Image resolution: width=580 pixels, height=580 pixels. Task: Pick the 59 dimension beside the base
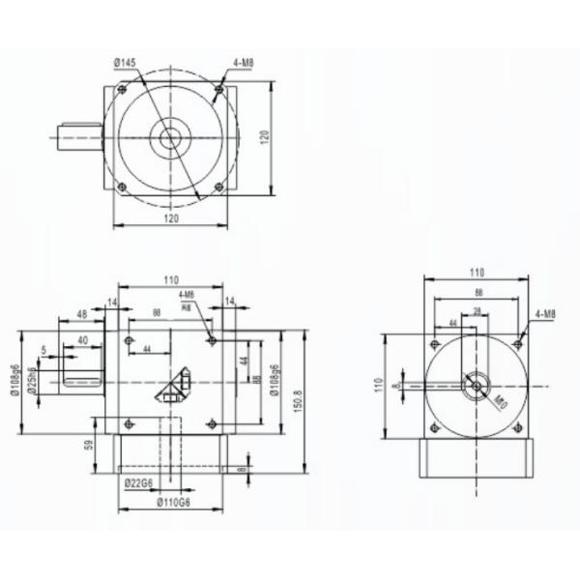tap(88, 446)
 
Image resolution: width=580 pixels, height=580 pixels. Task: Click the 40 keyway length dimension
tap(83, 340)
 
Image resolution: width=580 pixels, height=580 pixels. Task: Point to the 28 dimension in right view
tap(478, 311)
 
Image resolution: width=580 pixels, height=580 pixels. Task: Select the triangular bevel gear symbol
tap(175, 386)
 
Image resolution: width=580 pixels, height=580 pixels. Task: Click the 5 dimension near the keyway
tap(44, 350)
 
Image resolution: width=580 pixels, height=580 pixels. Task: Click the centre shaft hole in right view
tap(476, 385)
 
